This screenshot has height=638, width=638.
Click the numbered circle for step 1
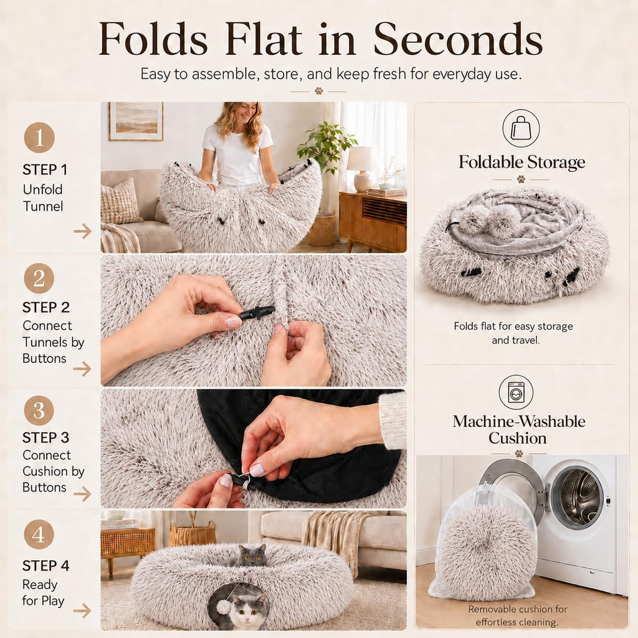pyautogui.click(x=39, y=138)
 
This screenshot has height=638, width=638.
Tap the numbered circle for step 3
pyautogui.click(x=39, y=411)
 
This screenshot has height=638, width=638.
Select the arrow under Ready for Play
pyautogui.click(x=82, y=611)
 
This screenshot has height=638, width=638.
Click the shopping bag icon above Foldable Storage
pyautogui.click(x=521, y=128)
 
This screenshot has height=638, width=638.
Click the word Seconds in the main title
pyautogui.click(x=458, y=39)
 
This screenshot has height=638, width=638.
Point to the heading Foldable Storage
pyautogui.click(x=522, y=163)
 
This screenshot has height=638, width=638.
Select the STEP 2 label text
pyautogui.click(x=46, y=307)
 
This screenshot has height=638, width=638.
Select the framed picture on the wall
pyautogui.click(x=136, y=121)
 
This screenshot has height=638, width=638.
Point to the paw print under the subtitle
pyautogui.click(x=318, y=91)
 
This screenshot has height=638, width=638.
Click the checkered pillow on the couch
pyautogui.click(x=120, y=202)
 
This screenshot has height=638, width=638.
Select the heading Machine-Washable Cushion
pyautogui.click(x=519, y=430)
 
